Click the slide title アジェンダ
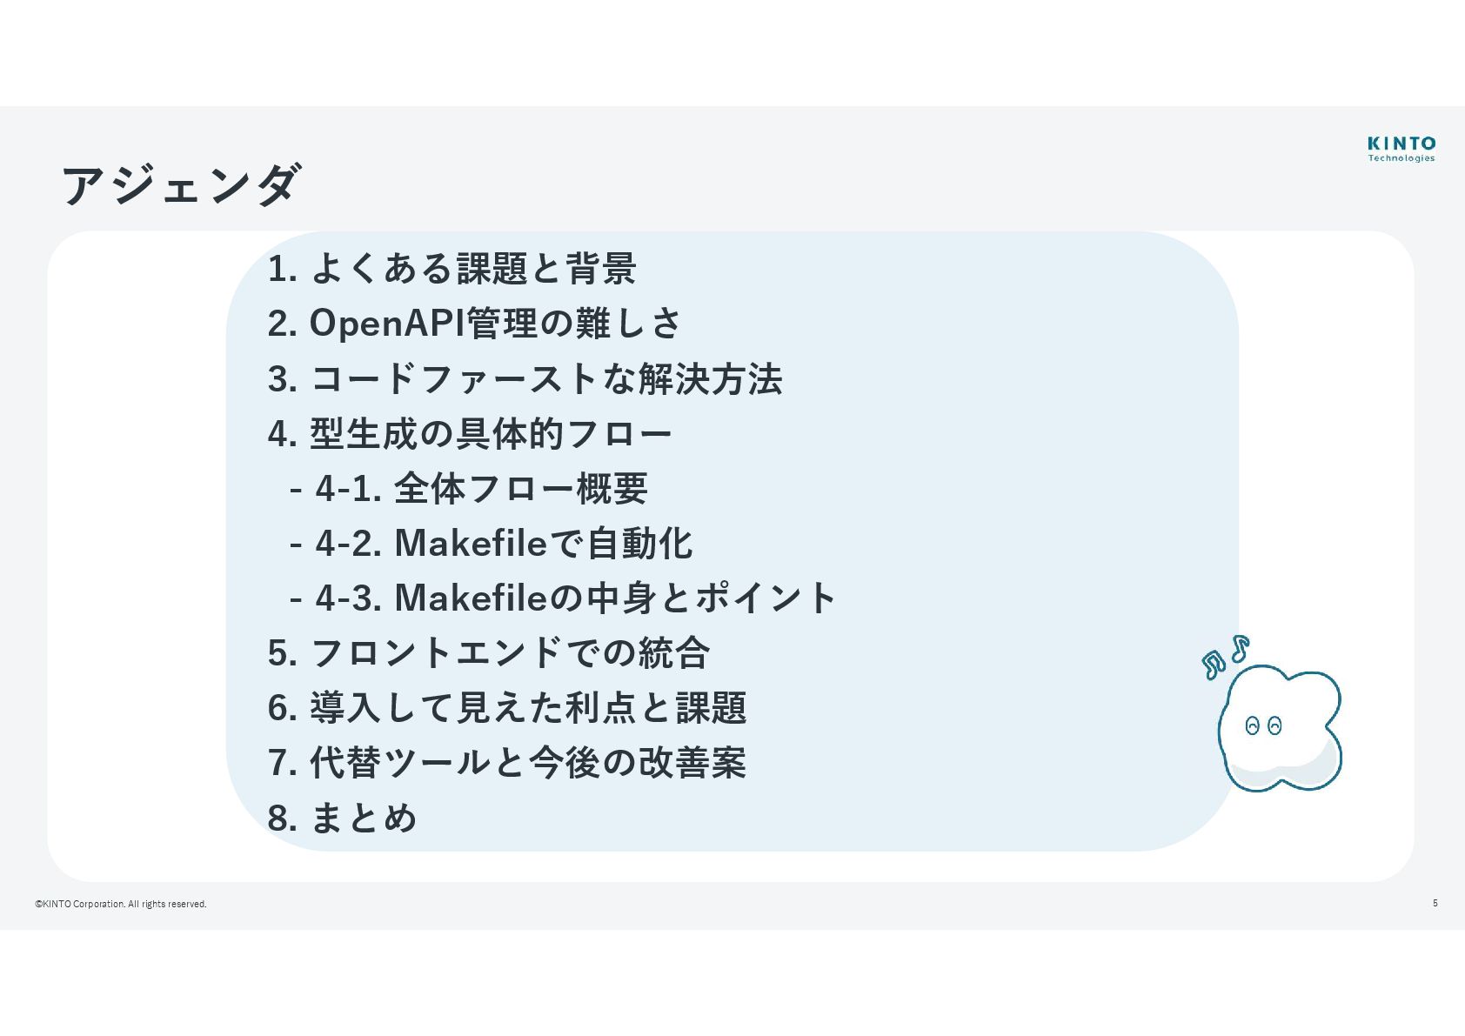coord(181,184)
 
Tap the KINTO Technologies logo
coord(1401,148)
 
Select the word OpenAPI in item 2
coord(387,324)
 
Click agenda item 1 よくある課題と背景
coord(452,269)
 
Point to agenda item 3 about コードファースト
coord(525,379)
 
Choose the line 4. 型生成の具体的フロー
coord(470,434)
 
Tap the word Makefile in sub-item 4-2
coord(471,544)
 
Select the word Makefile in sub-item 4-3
coord(471,598)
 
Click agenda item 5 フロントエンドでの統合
coord(489,653)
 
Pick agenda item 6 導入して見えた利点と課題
coord(507,708)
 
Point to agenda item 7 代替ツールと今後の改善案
coord(507,763)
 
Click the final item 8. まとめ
coord(343,818)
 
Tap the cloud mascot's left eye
coord(1253,725)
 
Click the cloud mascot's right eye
coord(1274,725)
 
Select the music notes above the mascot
coord(1225,657)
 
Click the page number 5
coord(1435,903)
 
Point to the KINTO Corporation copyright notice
coord(121,904)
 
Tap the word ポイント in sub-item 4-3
coord(766,598)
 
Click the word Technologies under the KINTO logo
coord(1401,158)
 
